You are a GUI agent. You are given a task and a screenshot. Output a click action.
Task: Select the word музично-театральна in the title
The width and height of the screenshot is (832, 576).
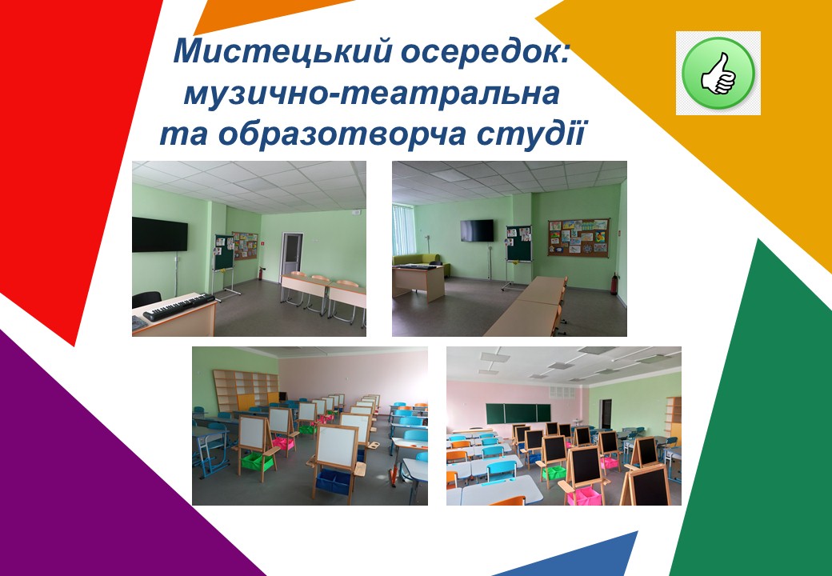pos(372,94)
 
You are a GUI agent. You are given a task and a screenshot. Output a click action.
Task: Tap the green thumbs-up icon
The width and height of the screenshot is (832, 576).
pos(718,73)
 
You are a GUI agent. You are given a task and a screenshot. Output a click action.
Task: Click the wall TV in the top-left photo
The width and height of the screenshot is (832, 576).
pos(160,234)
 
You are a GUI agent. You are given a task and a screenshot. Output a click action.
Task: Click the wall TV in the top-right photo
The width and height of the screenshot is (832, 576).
pos(477,230)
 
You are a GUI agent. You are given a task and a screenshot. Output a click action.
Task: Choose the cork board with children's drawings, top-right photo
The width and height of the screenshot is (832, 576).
pos(578,237)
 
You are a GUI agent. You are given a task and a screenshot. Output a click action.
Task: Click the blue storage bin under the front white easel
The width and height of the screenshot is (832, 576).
pos(334,480)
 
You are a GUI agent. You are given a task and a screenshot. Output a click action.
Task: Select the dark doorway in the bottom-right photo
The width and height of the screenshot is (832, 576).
pos(606,414)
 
